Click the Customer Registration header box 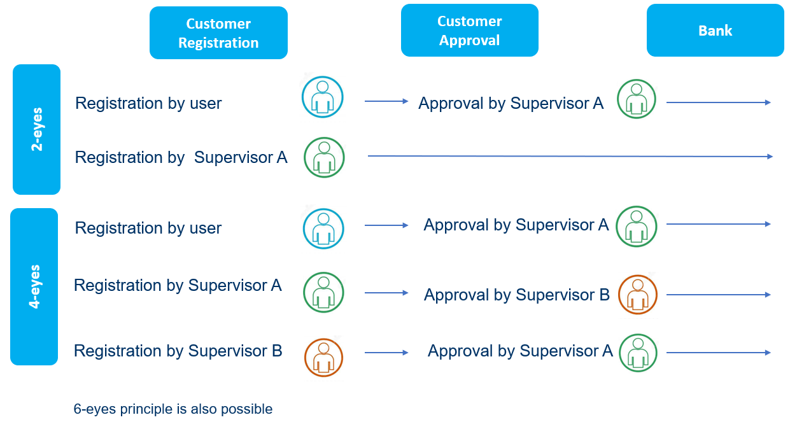pos(218,33)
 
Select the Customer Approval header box pos(469,31)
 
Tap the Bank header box pos(716,31)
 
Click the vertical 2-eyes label pos(37,129)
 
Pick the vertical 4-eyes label pos(34,286)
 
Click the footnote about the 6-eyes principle pos(173,409)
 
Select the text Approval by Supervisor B pos(517,295)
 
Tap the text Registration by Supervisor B pos(178,351)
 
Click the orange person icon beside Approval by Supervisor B pos(638,294)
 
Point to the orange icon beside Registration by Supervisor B pos(323,358)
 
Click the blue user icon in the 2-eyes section pos(322,97)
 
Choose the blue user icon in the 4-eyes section pos(323,229)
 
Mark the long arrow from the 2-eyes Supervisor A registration pos(570,156)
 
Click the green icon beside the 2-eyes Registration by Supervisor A pos(324,157)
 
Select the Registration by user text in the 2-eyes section pos(148,103)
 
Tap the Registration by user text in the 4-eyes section pos(148,228)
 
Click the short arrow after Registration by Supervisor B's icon pos(386,353)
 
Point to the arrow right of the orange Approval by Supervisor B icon pos(719,294)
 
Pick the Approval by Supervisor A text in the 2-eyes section pos(511,103)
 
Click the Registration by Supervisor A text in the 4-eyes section pos(178,285)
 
